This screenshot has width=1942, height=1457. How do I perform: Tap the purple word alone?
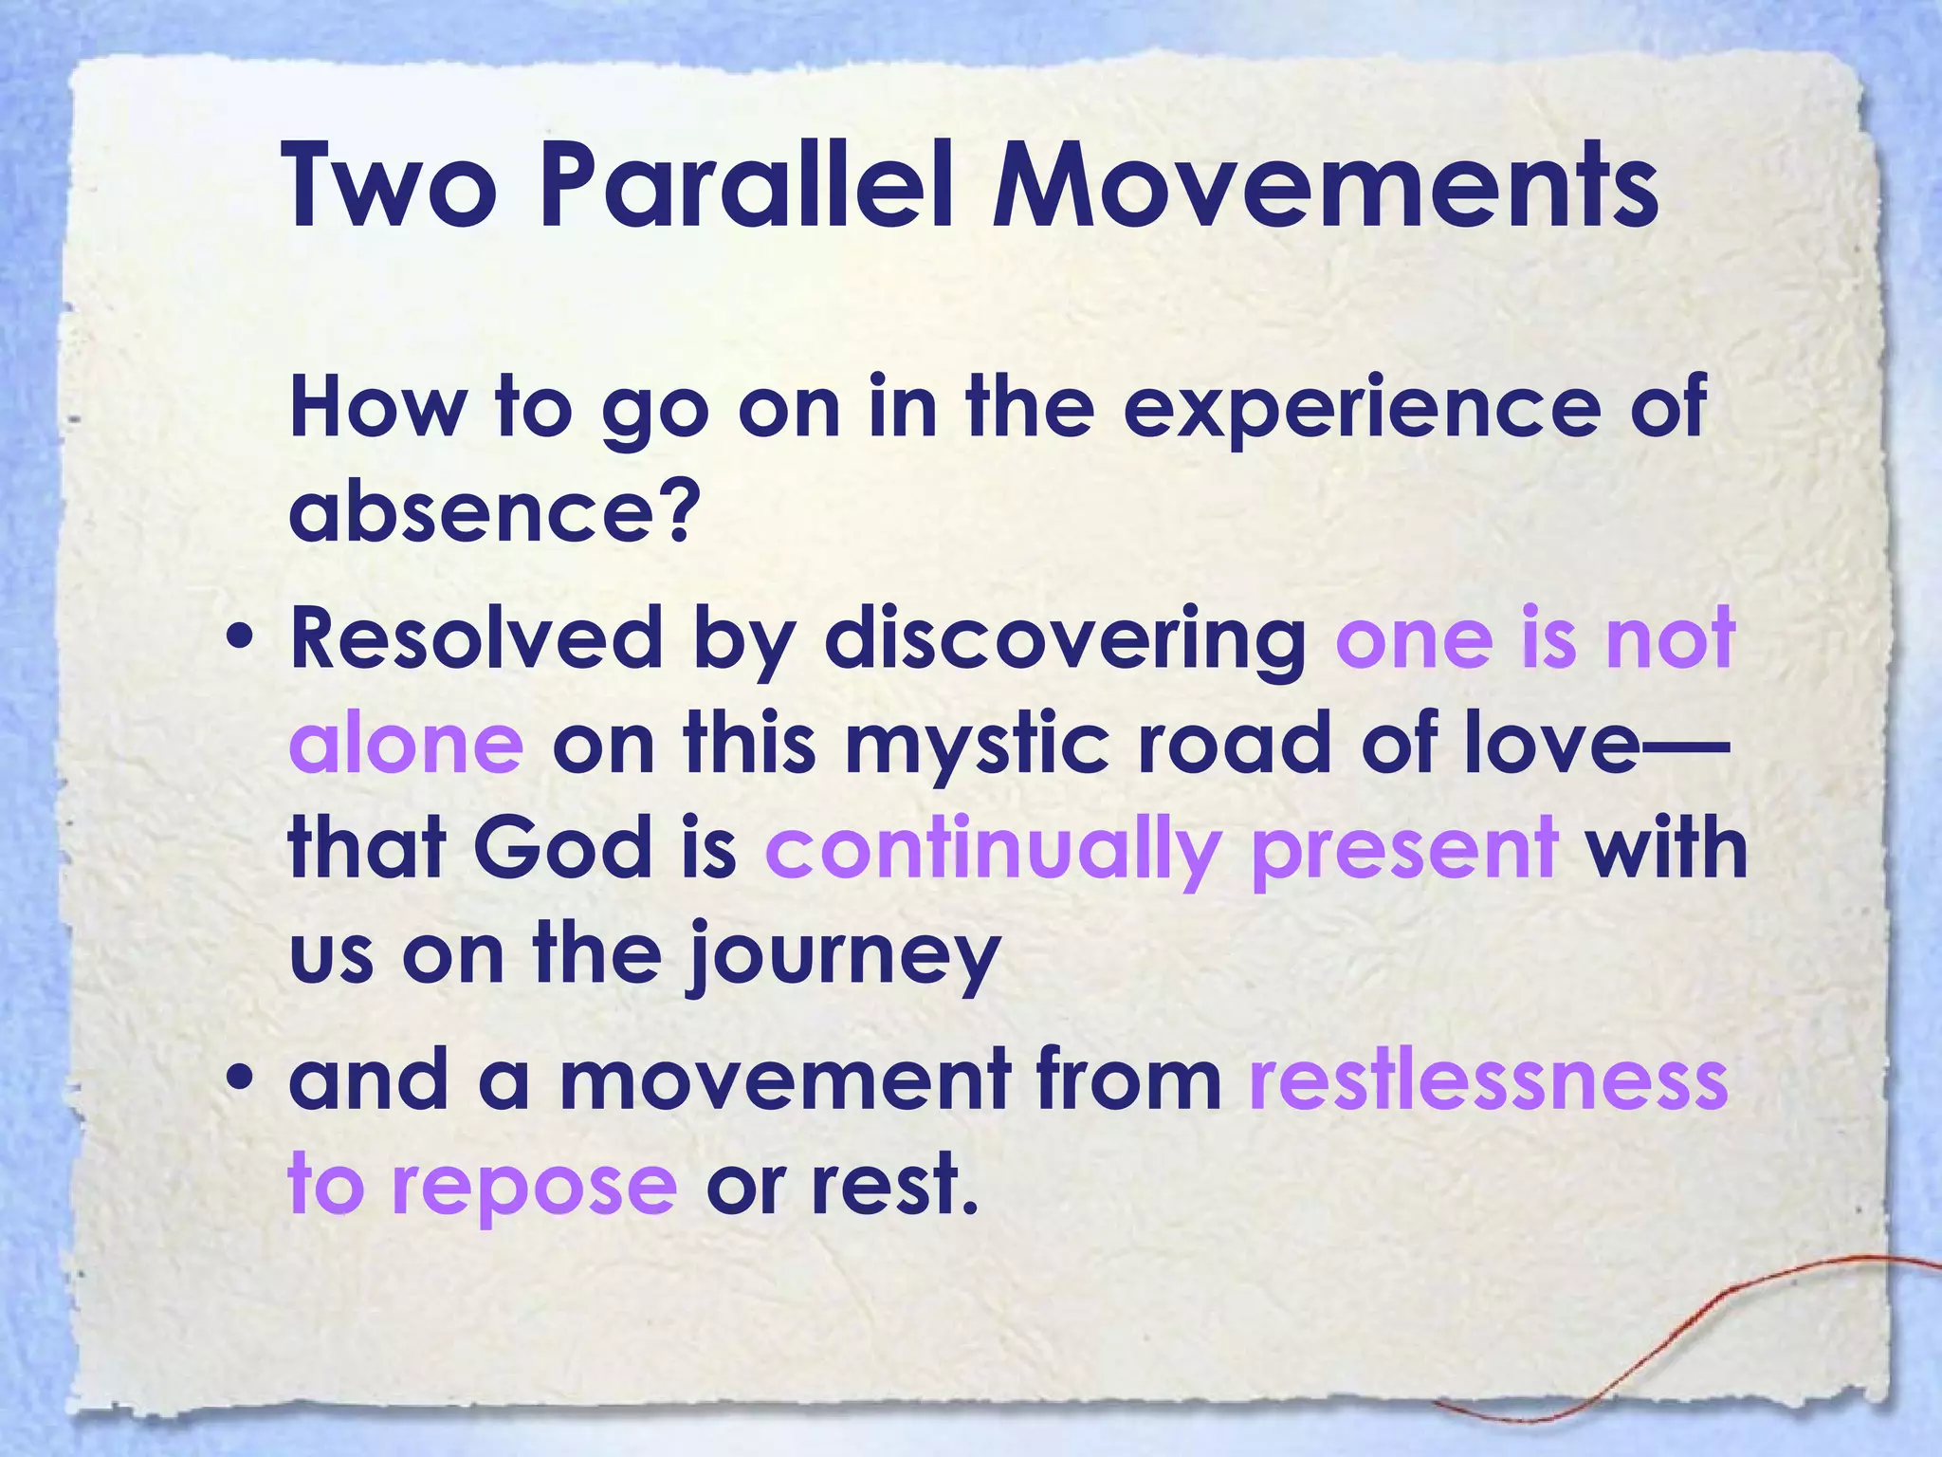405,743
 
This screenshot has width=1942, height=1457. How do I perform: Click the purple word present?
1403,849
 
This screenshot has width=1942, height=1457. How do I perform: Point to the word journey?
842,956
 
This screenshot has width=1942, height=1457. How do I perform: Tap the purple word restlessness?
1488,1081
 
